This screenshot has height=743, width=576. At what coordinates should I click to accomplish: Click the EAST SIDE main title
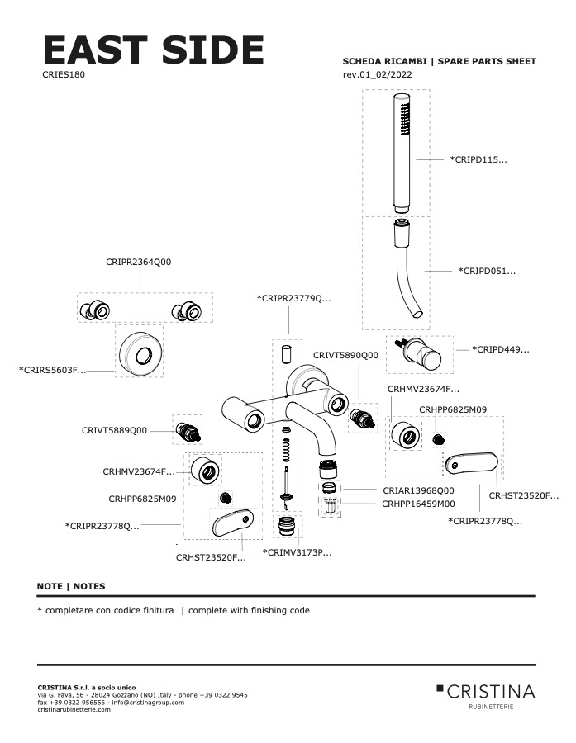(x=153, y=51)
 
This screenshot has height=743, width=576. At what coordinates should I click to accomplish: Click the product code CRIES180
(x=64, y=74)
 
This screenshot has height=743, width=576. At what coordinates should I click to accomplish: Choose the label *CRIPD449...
(x=500, y=350)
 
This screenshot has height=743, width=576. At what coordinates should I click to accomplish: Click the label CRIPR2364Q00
(x=139, y=262)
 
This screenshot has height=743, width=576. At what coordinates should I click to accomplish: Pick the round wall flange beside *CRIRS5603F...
(x=137, y=353)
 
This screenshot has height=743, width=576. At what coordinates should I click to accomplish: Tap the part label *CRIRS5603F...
(x=52, y=371)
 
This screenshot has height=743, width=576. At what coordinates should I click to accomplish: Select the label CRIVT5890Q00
(x=345, y=355)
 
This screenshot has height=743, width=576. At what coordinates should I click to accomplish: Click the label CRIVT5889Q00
(x=114, y=430)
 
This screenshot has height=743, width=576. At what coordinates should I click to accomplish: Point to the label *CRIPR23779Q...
(x=293, y=297)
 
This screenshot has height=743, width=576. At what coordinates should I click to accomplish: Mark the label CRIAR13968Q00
(x=418, y=490)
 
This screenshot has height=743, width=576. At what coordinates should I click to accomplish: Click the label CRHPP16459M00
(x=418, y=503)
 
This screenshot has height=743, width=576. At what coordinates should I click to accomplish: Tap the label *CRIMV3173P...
(x=297, y=551)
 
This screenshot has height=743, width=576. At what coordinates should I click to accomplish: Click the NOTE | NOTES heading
(x=71, y=586)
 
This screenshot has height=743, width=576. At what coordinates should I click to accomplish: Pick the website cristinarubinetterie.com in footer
(x=74, y=709)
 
